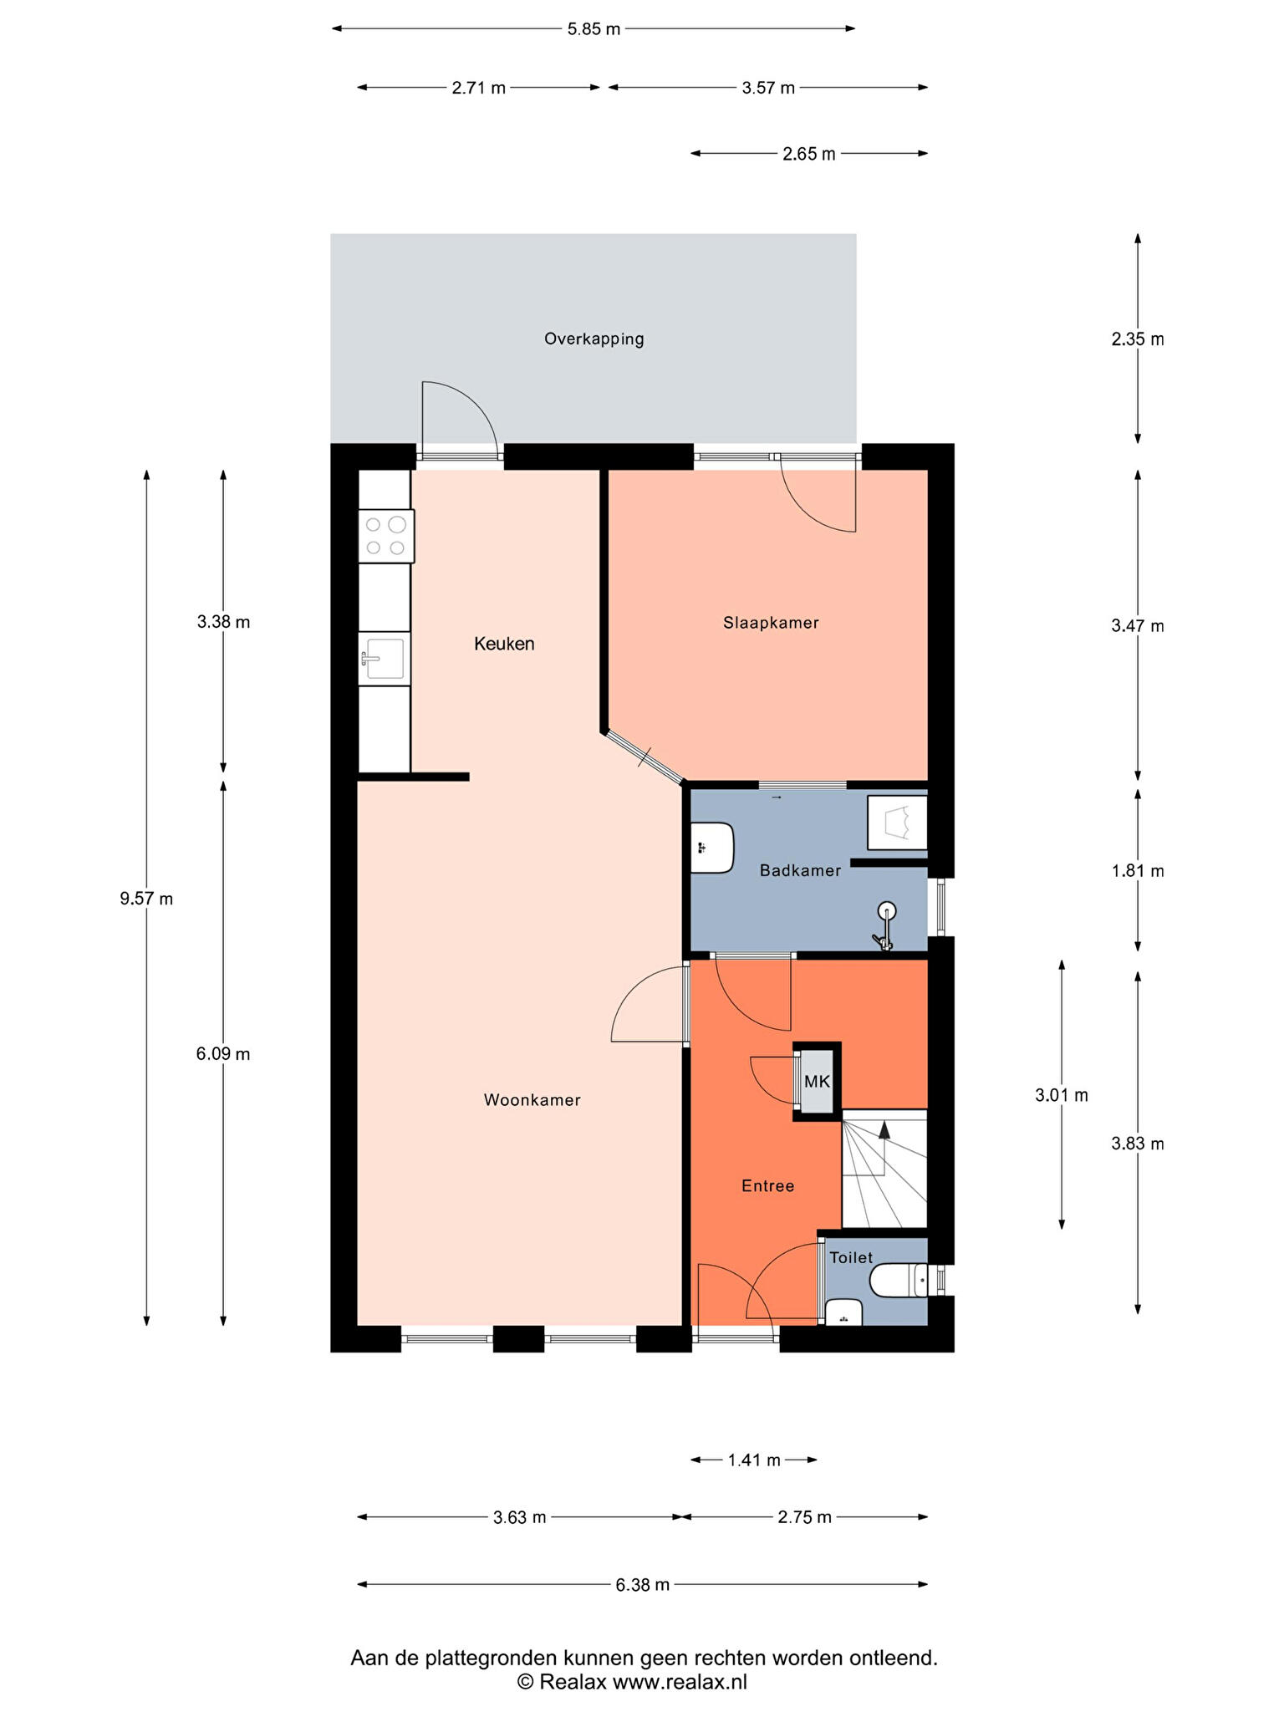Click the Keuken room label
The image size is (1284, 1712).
click(x=504, y=644)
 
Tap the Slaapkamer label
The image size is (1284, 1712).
click(x=771, y=623)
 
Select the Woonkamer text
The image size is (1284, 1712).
click(x=532, y=1100)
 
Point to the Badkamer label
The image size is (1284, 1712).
click(x=800, y=870)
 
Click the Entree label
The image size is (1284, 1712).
click(x=767, y=1185)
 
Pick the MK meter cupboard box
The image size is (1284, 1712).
click(x=817, y=1081)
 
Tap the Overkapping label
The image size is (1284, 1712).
click(x=594, y=339)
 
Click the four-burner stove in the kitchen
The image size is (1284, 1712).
click(x=386, y=536)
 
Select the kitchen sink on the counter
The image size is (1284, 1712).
click(x=384, y=659)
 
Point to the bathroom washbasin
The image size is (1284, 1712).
click(x=712, y=848)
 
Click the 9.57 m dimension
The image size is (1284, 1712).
click(x=146, y=899)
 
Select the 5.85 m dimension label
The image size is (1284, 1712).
click(x=594, y=29)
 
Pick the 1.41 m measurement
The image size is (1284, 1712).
click(x=754, y=1460)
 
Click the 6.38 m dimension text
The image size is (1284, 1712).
click(x=642, y=1584)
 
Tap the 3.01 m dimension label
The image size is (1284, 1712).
click(x=1062, y=1095)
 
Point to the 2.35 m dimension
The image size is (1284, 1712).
click(x=1138, y=339)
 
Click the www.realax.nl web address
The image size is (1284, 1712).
click(x=680, y=1682)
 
